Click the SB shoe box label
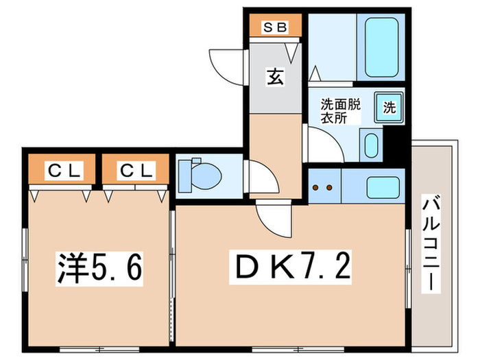coord(274,28)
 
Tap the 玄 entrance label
coord(274,77)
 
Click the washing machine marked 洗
coord(389,107)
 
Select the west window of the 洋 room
coord(25,254)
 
